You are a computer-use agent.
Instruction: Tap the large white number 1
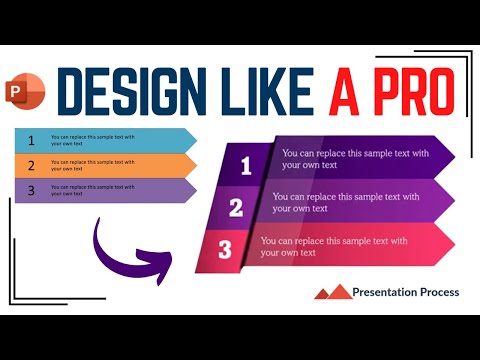(x=246, y=166)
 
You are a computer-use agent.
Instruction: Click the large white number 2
(x=236, y=208)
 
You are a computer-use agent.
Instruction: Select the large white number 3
(x=225, y=250)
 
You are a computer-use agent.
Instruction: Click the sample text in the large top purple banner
(x=355, y=159)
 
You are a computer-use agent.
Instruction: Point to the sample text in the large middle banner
(x=345, y=202)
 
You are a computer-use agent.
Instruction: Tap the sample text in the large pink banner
(x=335, y=246)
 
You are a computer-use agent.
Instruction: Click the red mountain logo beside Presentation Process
(x=333, y=292)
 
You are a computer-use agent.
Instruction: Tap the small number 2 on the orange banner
(x=31, y=165)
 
